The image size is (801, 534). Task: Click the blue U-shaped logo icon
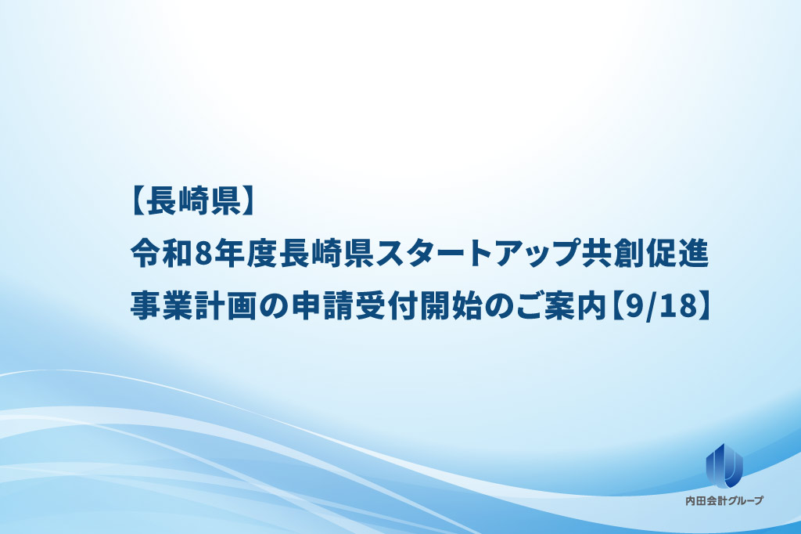click(x=724, y=464)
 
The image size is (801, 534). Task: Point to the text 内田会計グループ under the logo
click(x=724, y=501)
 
